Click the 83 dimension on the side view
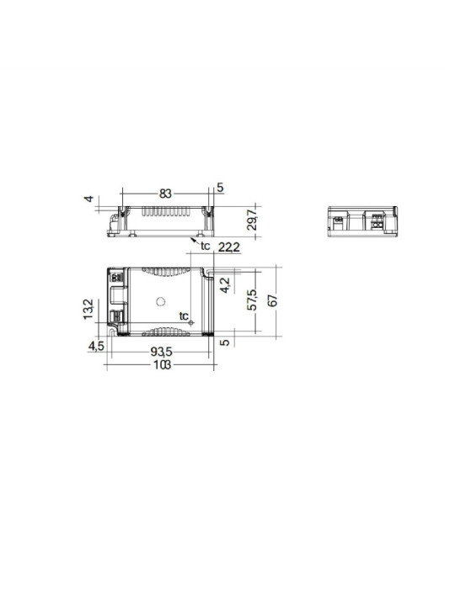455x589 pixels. click(165, 194)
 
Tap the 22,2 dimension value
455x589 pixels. click(229, 247)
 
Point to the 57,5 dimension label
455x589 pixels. click(250, 301)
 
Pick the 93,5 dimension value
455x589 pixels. click(165, 352)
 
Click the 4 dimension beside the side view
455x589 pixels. click(87, 199)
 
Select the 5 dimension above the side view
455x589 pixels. click(220, 188)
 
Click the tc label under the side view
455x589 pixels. click(205, 246)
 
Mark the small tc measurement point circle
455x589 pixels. click(192, 324)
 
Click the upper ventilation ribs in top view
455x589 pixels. click(164, 272)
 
